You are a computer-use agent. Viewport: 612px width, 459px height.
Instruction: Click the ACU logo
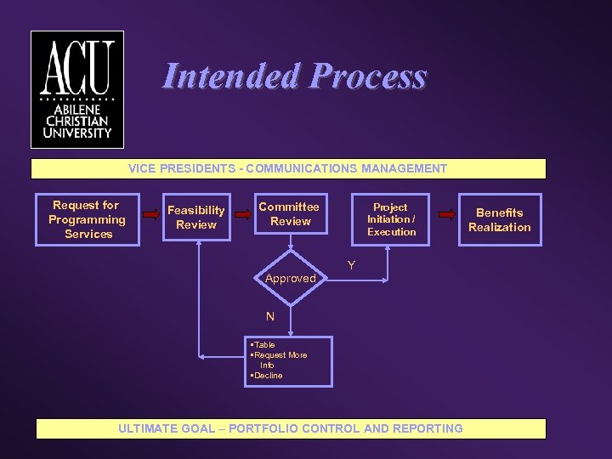pyautogui.click(x=77, y=90)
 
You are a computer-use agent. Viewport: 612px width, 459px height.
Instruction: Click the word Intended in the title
pyautogui.click(x=230, y=76)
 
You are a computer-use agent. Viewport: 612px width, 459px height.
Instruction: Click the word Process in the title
pyautogui.click(x=368, y=76)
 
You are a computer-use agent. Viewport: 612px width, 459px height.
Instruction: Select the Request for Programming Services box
pyautogui.click(x=87, y=220)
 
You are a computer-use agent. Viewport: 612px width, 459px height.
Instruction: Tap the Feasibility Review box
pyautogui.click(x=196, y=218)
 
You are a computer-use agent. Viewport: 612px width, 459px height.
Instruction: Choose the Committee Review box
pyautogui.click(x=290, y=214)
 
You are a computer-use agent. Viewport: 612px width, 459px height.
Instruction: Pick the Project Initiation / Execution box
pyautogui.click(x=391, y=219)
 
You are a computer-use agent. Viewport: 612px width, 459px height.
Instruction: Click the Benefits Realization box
pyautogui.click(x=499, y=220)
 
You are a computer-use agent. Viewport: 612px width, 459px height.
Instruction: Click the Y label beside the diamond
pyautogui.click(x=350, y=267)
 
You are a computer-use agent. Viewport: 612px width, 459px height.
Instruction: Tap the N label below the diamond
pyautogui.click(x=270, y=316)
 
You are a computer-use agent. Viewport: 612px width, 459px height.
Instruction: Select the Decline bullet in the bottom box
pyautogui.click(x=268, y=376)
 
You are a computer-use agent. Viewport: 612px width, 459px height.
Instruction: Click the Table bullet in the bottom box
pyautogui.click(x=264, y=345)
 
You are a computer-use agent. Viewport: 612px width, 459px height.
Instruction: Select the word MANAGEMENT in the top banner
pyautogui.click(x=404, y=168)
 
